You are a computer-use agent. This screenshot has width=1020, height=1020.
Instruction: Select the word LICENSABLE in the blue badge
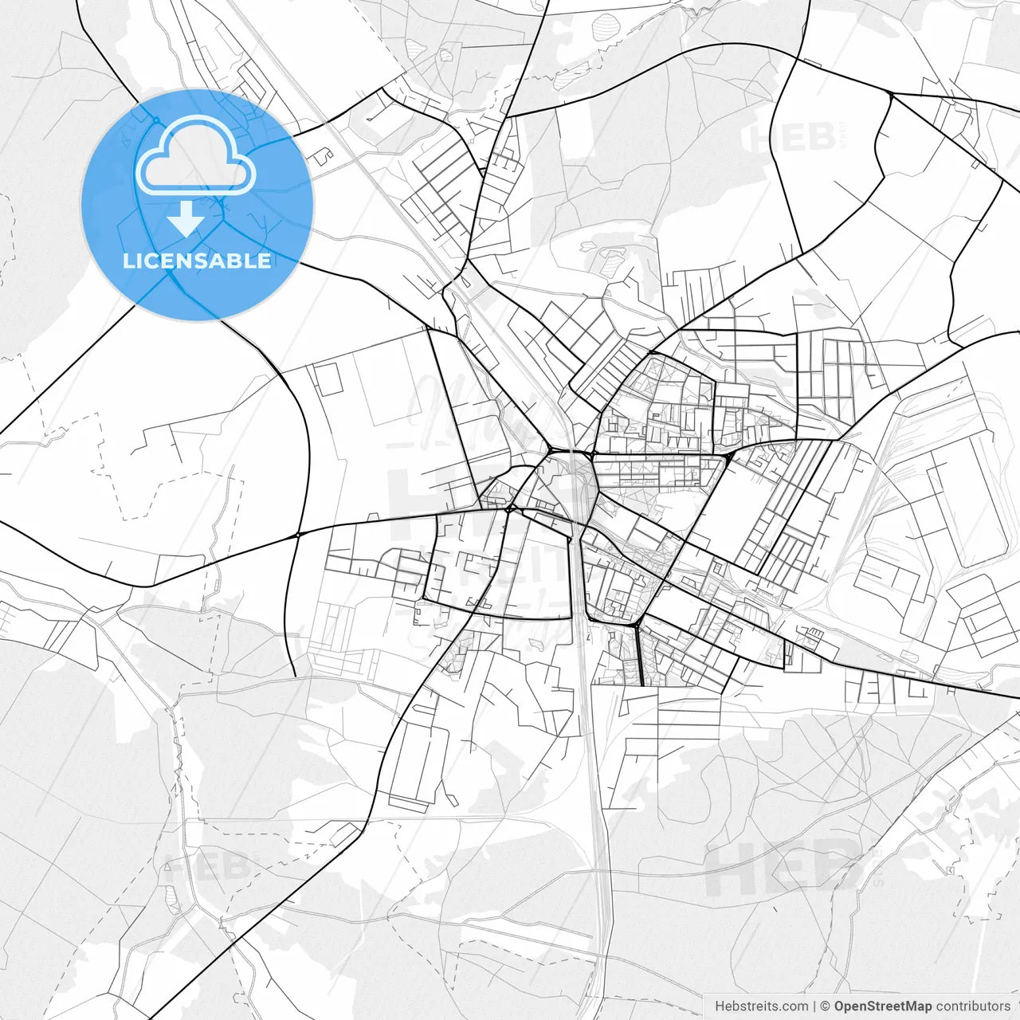point(197,261)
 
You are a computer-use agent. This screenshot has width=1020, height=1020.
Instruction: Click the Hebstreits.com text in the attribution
point(761,1006)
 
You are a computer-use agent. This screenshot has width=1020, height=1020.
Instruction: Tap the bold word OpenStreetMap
point(882,1006)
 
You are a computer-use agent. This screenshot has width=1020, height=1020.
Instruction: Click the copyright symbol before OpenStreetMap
point(825,1006)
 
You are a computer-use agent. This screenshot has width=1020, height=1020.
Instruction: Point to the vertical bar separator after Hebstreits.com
point(814,1006)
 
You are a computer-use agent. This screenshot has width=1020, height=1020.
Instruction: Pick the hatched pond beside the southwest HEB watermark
point(172,899)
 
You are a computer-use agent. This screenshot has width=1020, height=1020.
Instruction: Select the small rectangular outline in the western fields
point(328,379)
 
